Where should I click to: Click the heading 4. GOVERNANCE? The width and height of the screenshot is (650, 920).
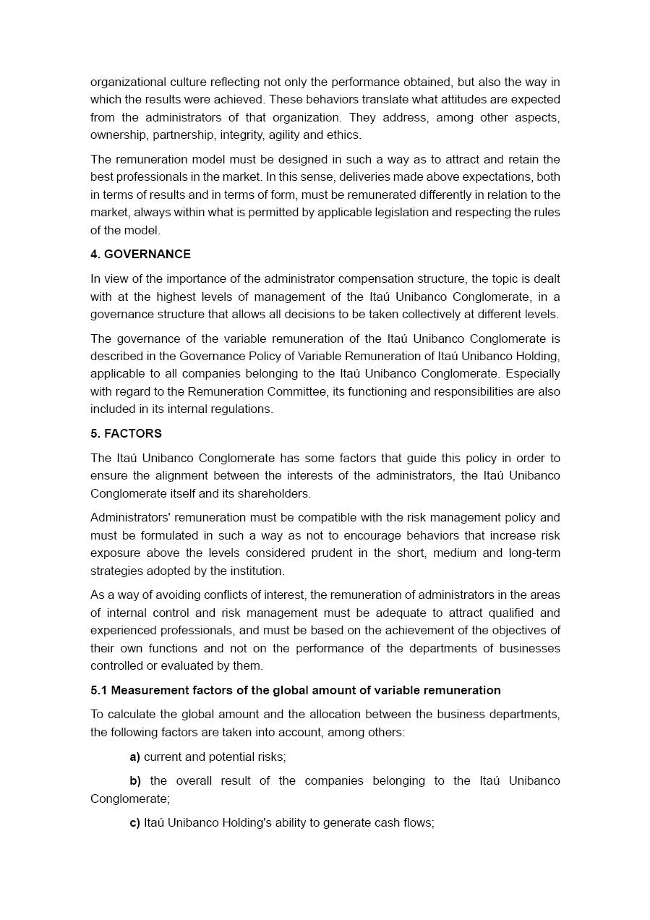pos(140,254)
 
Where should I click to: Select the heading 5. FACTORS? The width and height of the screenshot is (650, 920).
pos(126,433)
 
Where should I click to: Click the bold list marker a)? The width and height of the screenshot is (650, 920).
pos(134,757)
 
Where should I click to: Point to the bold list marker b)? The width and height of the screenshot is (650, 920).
pos(135,780)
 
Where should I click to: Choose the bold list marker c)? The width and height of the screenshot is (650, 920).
pos(134,822)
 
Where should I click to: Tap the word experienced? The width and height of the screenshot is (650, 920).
pos(122,630)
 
